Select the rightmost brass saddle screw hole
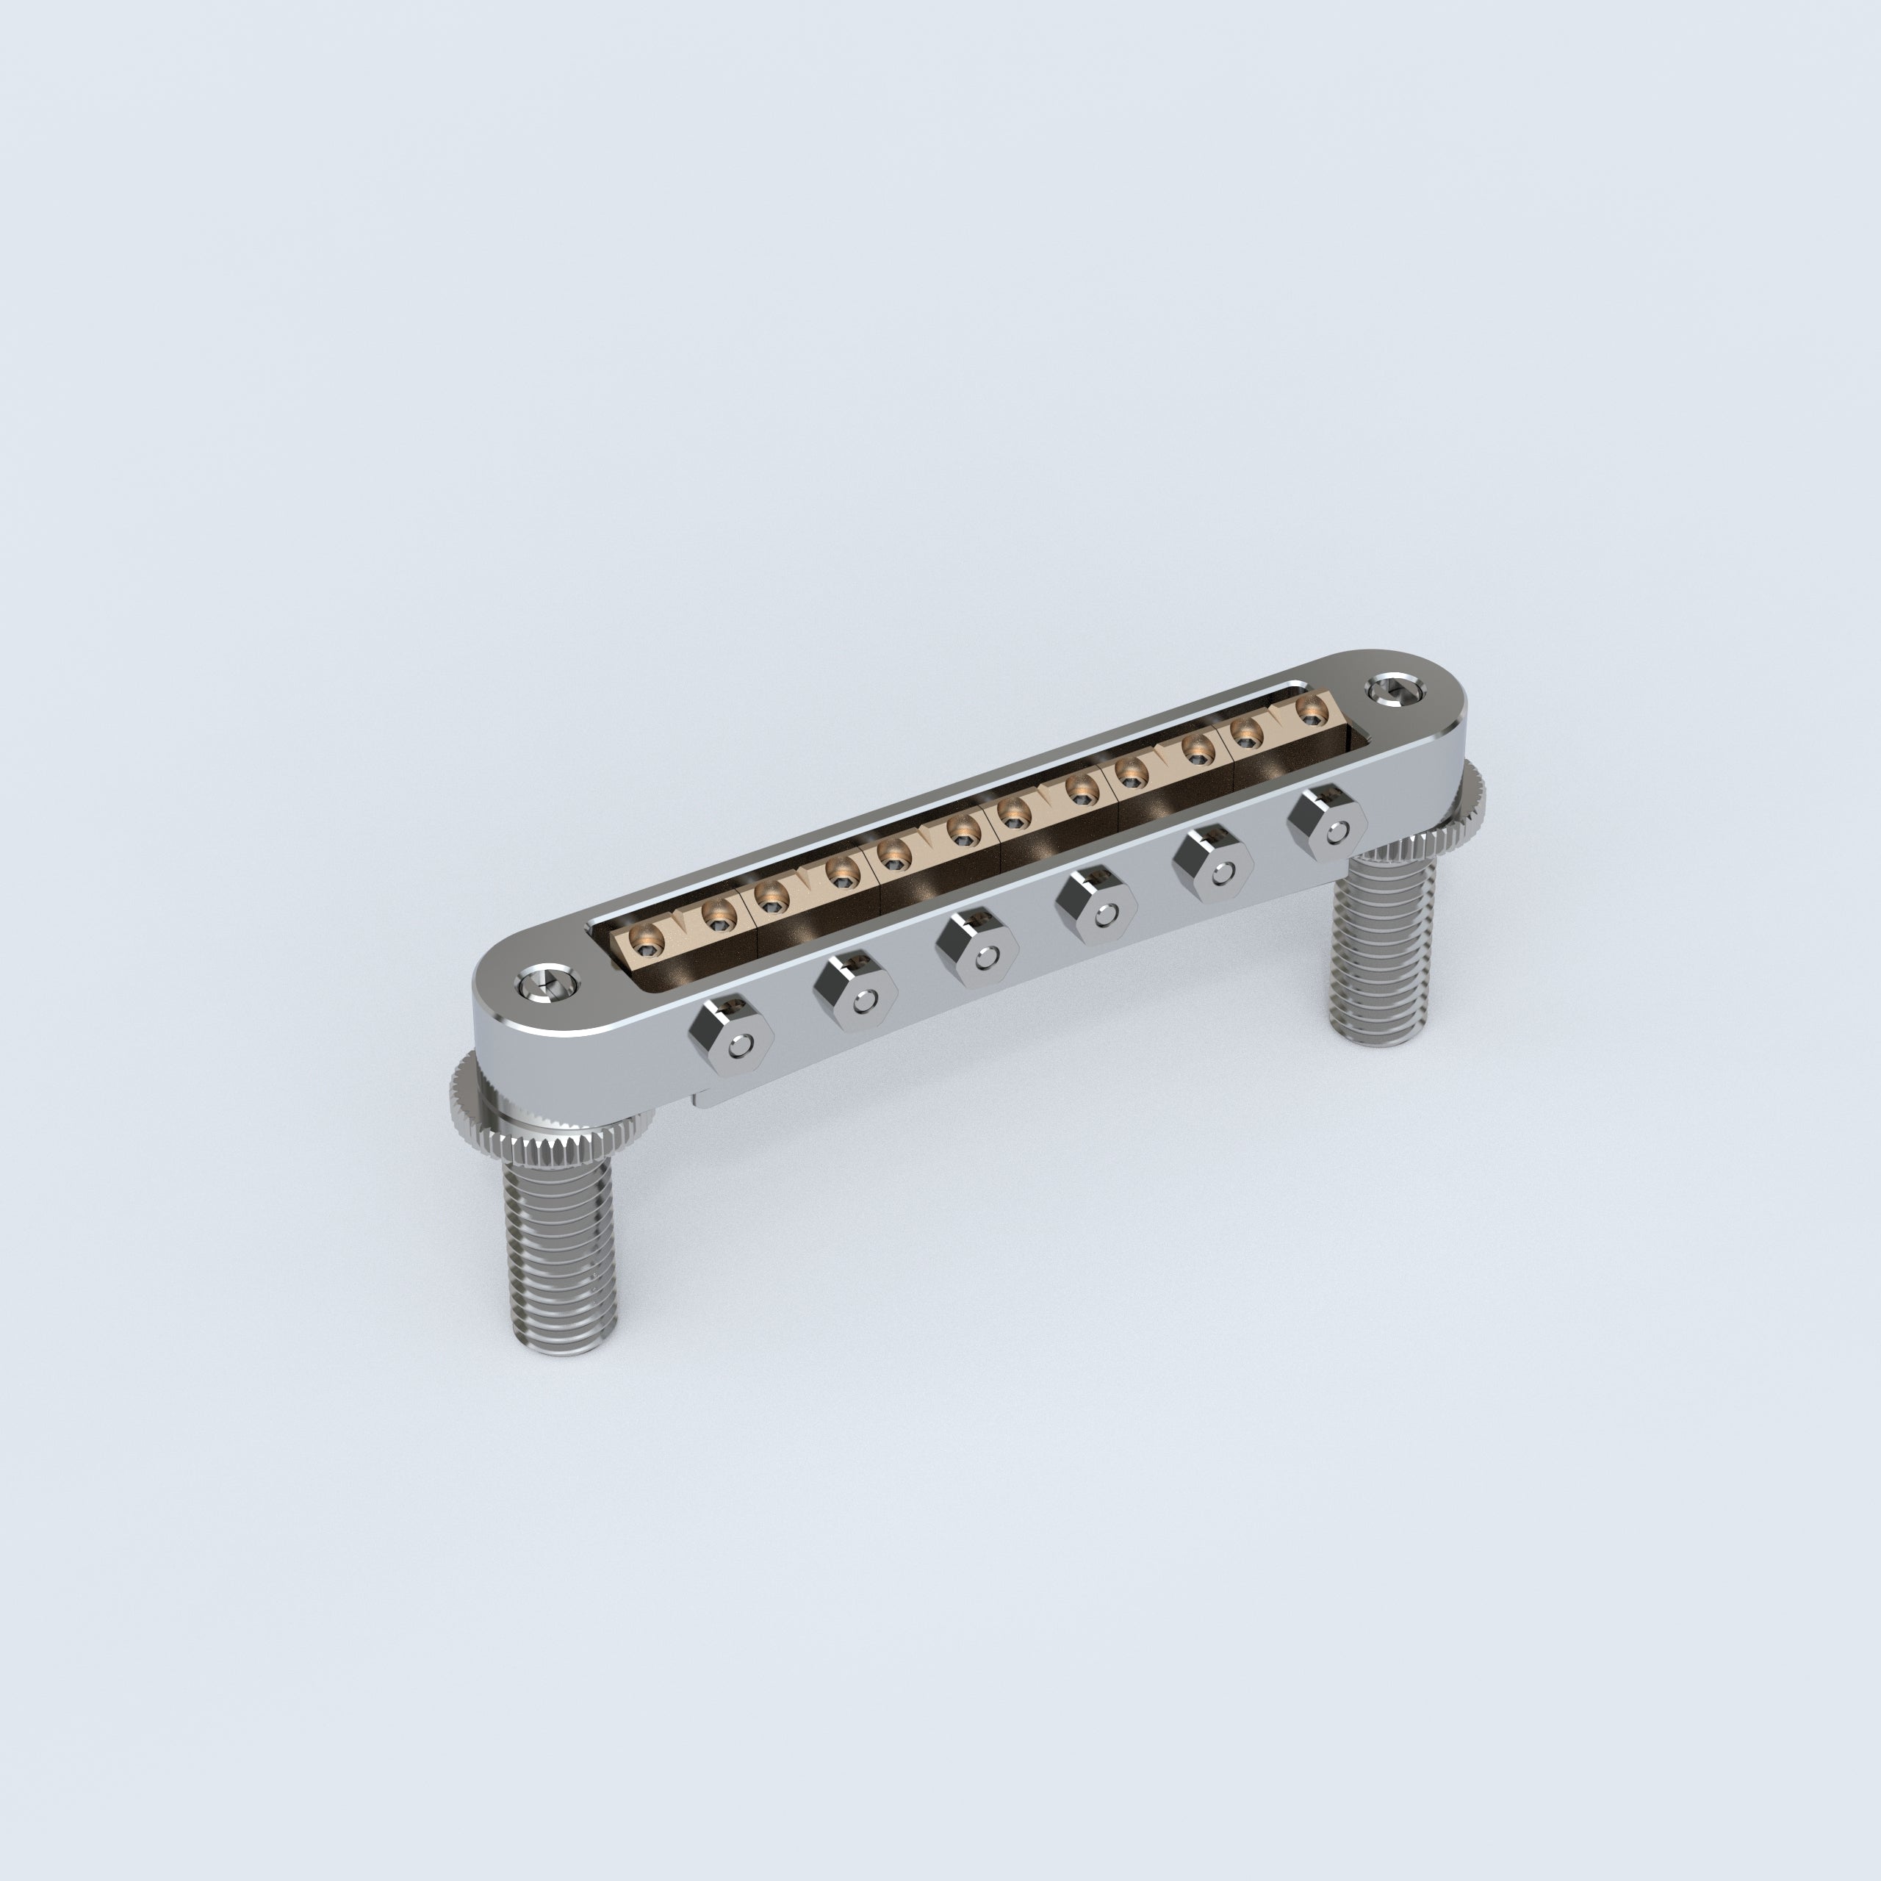pos(1311,716)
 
